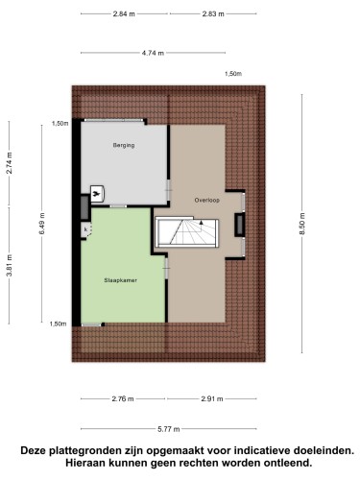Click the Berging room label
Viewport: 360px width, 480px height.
click(124, 145)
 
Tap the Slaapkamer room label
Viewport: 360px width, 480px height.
click(120, 280)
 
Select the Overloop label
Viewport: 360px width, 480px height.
click(207, 201)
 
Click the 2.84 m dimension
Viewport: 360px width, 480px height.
click(124, 13)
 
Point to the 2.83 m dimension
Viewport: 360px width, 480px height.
click(213, 13)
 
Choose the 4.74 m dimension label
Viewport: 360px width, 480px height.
click(153, 53)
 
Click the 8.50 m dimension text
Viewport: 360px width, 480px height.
click(302, 224)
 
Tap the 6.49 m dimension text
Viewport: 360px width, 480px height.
click(42, 224)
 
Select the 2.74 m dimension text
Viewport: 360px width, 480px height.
click(10, 163)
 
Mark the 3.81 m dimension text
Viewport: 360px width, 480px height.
click(10, 265)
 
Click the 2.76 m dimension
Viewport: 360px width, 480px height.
click(123, 398)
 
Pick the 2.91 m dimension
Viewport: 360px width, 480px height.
click(212, 398)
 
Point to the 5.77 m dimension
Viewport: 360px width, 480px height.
click(169, 429)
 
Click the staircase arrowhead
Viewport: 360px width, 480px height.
click(202, 222)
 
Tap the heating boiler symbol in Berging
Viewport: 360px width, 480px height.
click(97, 194)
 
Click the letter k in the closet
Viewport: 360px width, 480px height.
click(85, 229)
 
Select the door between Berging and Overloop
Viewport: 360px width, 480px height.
click(169, 190)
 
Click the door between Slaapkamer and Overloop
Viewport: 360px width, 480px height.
click(166, 268)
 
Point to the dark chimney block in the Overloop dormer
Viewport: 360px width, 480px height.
click(240, 225)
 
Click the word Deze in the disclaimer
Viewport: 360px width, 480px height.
click(34, 451)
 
